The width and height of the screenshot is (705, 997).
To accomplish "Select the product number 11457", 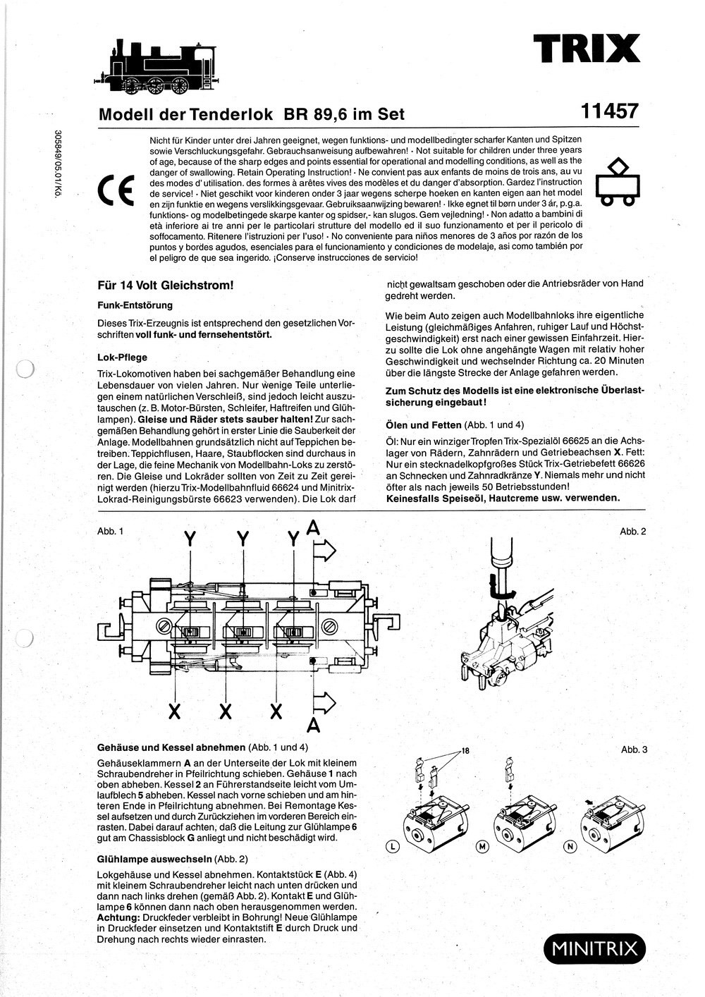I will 610,112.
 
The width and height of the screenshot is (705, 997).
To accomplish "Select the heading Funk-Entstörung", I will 135,305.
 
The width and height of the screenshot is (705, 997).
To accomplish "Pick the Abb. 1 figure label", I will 110,530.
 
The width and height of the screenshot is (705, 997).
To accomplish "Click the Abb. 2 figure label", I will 632,531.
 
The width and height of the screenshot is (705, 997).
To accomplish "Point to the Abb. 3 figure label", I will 634,750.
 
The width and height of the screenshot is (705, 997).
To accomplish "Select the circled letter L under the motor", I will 393,846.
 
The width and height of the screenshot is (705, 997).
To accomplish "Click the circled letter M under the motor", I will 482,846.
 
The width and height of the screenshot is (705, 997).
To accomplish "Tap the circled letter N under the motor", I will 570,846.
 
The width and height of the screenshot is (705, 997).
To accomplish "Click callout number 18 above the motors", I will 465,750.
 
